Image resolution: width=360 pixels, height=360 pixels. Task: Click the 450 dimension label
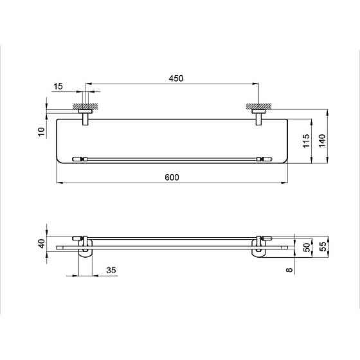pyautogui.click(x=176, y=78)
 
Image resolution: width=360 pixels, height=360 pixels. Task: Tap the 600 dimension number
pyautogui.click(x=172, y=177)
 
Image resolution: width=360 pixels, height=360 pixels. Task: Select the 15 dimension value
pyautogui.click(x=58, y=87)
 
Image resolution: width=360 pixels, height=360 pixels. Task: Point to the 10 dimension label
pyautogui.click(x=41, y=132)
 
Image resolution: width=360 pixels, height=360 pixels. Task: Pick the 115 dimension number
pyautogui.click(x=306, y=141)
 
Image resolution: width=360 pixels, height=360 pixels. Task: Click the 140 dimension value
pyautogui.click(x=322, y=141)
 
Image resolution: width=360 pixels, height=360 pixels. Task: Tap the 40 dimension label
pyautogui.click(x=42, y=244)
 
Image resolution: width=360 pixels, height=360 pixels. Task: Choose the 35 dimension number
pyautogui.click(x=111, y=270)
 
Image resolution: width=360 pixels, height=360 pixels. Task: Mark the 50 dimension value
pyautogui.click(x=307, y=248)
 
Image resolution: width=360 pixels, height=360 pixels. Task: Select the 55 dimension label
pyautogui.click(x=323, y=247)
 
